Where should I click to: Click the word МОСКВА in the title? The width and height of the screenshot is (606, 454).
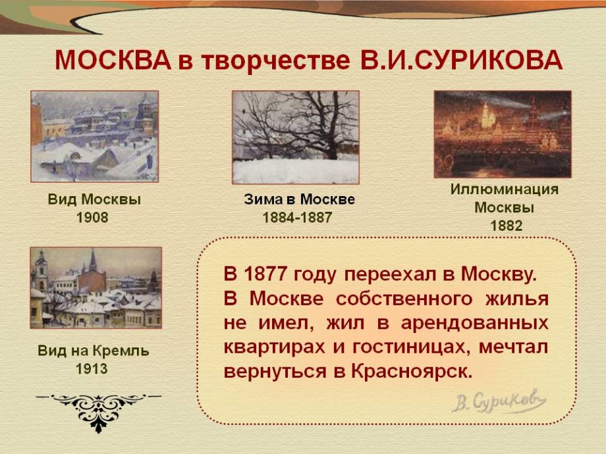113,61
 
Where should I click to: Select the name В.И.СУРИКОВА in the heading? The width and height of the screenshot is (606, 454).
461,61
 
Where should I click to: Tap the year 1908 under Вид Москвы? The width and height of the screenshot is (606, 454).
92,218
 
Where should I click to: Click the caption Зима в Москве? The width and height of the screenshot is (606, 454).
299,199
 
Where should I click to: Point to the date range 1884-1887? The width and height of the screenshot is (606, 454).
297,218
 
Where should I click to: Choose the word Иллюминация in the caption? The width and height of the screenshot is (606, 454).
505,189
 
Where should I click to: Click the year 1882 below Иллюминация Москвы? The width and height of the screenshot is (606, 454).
507,226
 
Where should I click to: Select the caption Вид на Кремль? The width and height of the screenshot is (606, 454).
93,351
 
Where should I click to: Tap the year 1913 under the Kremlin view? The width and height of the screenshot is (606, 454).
92,369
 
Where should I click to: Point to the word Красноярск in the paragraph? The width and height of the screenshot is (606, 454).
412,371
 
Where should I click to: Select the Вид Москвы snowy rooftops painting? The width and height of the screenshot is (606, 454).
95,136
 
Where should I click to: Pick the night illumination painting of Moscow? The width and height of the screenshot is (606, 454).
503,134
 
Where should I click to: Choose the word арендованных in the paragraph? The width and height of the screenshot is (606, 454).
475,323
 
